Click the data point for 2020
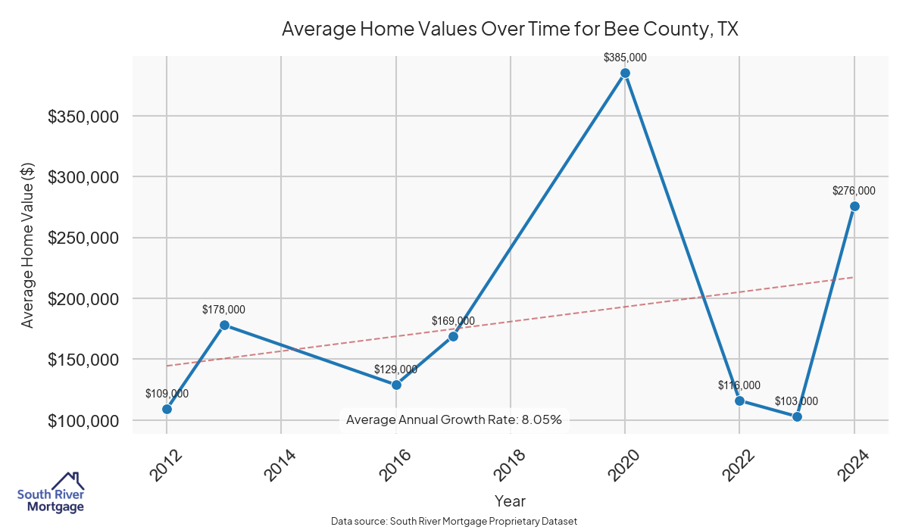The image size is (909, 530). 625,73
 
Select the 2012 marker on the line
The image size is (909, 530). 167,409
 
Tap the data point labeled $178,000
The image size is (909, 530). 224,325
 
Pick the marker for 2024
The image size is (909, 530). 854,206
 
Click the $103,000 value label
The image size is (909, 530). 796,401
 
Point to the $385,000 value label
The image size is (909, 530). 625,58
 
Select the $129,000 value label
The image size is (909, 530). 395,369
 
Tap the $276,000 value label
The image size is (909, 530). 854,191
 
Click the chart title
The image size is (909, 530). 510,30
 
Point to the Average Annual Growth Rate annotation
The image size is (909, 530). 454,419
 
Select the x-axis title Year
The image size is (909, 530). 510,500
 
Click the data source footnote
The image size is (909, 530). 454,521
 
